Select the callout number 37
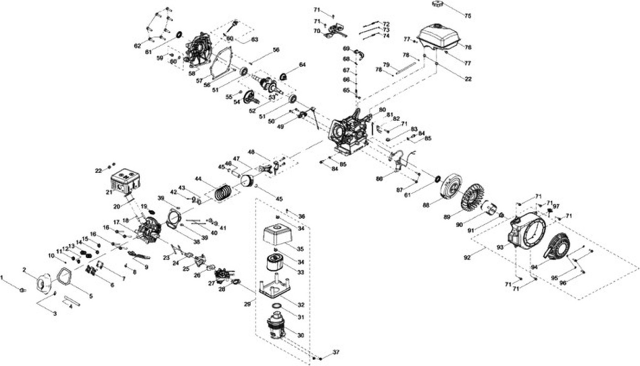point(336,352)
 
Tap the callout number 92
point(468,257)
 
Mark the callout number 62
point(137,46)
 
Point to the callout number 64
point(302,65)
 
